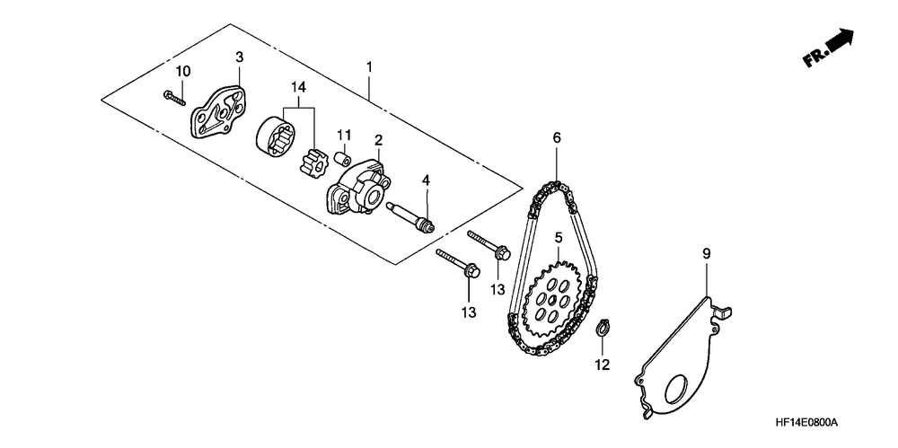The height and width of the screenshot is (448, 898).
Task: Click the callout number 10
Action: [183, 71]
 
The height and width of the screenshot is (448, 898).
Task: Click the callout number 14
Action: [298, 86]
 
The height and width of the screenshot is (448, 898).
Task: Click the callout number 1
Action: [368, 66]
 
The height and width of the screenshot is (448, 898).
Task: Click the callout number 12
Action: [602, 365]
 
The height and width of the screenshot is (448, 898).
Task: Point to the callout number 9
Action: [706, 255]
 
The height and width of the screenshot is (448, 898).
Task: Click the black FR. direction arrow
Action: [838, 41]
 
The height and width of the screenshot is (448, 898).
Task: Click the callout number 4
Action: [427, 180]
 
